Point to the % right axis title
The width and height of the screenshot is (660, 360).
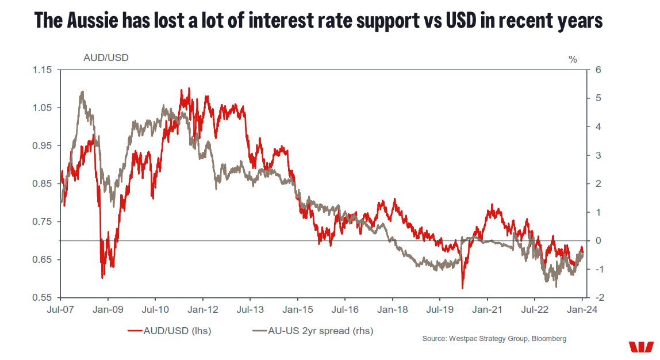click(x=572, y=59)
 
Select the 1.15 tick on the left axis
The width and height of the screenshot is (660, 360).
click(x=43, y=70)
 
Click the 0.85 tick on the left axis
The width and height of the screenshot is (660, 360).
click(x=43, y=184)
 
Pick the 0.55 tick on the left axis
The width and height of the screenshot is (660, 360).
click(x=43, y=298)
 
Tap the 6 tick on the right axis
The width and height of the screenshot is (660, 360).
click(x=598, y=70)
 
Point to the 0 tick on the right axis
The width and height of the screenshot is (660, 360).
click(x=598, y=241)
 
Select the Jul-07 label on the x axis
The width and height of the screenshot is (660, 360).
click(x=60, y=309)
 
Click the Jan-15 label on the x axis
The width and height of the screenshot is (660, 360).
click(x=297, y=309)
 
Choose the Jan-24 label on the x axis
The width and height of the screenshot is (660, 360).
click(x=582, y=309)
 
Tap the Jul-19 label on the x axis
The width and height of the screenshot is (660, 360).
click(x=439, y=309)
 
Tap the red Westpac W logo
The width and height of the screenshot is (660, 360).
click(x=641, y=347)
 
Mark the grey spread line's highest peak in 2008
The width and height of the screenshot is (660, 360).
click(x=83, y=91)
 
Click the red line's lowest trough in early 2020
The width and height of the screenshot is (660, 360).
click(x=462, y=288)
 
